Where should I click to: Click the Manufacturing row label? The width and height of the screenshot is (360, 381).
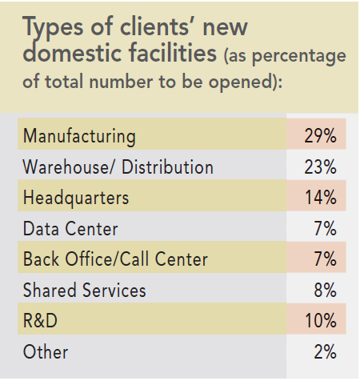point(79,137)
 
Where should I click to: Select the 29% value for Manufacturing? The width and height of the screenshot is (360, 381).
point(320,137)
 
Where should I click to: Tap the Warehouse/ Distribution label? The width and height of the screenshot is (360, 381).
point(118,167)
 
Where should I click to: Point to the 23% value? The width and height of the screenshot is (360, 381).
point(320,167)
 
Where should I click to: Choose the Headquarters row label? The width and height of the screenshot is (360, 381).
point(75,198)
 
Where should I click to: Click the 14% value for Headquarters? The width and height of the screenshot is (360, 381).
point(320,198)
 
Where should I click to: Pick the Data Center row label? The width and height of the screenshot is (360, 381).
point(70,229)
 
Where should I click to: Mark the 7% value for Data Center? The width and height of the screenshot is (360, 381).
point(325,229)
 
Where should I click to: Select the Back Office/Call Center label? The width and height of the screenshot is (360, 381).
point(115,259)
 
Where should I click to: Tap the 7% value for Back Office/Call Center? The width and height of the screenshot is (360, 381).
point(325,259)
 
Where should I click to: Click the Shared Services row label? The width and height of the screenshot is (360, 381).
point(85,290)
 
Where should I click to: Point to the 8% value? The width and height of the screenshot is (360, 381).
point(325,290)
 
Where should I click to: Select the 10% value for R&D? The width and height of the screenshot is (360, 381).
point(320,321)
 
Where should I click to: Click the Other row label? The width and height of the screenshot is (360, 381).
point(46,351)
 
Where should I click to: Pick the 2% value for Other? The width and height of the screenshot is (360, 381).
point(325,351)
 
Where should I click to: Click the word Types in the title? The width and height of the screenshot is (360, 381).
point(58,29)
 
